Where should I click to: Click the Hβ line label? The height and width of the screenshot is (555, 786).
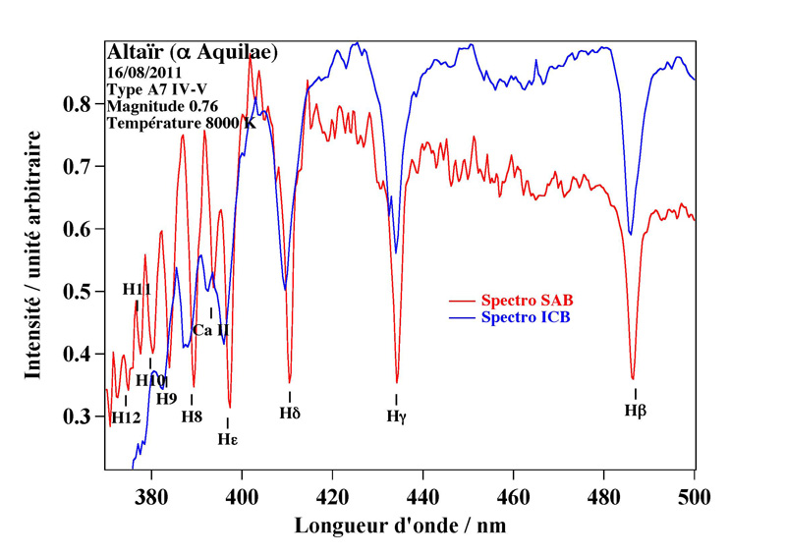tap(636, 410)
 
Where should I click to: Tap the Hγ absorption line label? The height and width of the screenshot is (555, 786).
tap(396, 416)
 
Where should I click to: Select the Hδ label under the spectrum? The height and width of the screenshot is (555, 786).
tap(289, 413)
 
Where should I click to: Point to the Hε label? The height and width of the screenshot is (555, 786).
tap(228, 438)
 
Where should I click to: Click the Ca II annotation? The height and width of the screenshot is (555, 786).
tap(210, 330)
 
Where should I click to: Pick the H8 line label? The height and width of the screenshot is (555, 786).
tap(192, 416)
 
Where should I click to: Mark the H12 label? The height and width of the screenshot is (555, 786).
tap(126, 417)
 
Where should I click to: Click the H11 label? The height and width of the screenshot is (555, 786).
tap(137, 290)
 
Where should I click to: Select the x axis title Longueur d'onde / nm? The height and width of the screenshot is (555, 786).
tap(401, 526)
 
